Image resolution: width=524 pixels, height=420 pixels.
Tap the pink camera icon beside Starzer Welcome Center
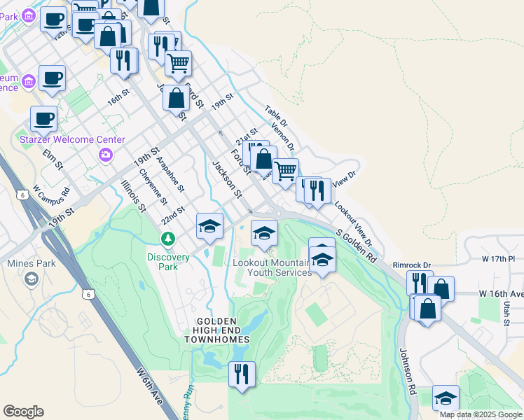[106, 154]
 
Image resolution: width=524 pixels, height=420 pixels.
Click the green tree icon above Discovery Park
[168, 239]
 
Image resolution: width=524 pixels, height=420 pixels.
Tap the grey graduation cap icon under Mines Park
[31, 279]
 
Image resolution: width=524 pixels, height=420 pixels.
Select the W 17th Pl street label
[498, 259]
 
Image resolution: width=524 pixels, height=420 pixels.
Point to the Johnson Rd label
[408, 371]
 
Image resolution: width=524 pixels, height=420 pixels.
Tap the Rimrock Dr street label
[411, 265]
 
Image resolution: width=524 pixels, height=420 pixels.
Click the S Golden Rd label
[356, 246]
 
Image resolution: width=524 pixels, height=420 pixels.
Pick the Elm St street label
[53, 159]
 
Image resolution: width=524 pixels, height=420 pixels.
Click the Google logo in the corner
[24, 412]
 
